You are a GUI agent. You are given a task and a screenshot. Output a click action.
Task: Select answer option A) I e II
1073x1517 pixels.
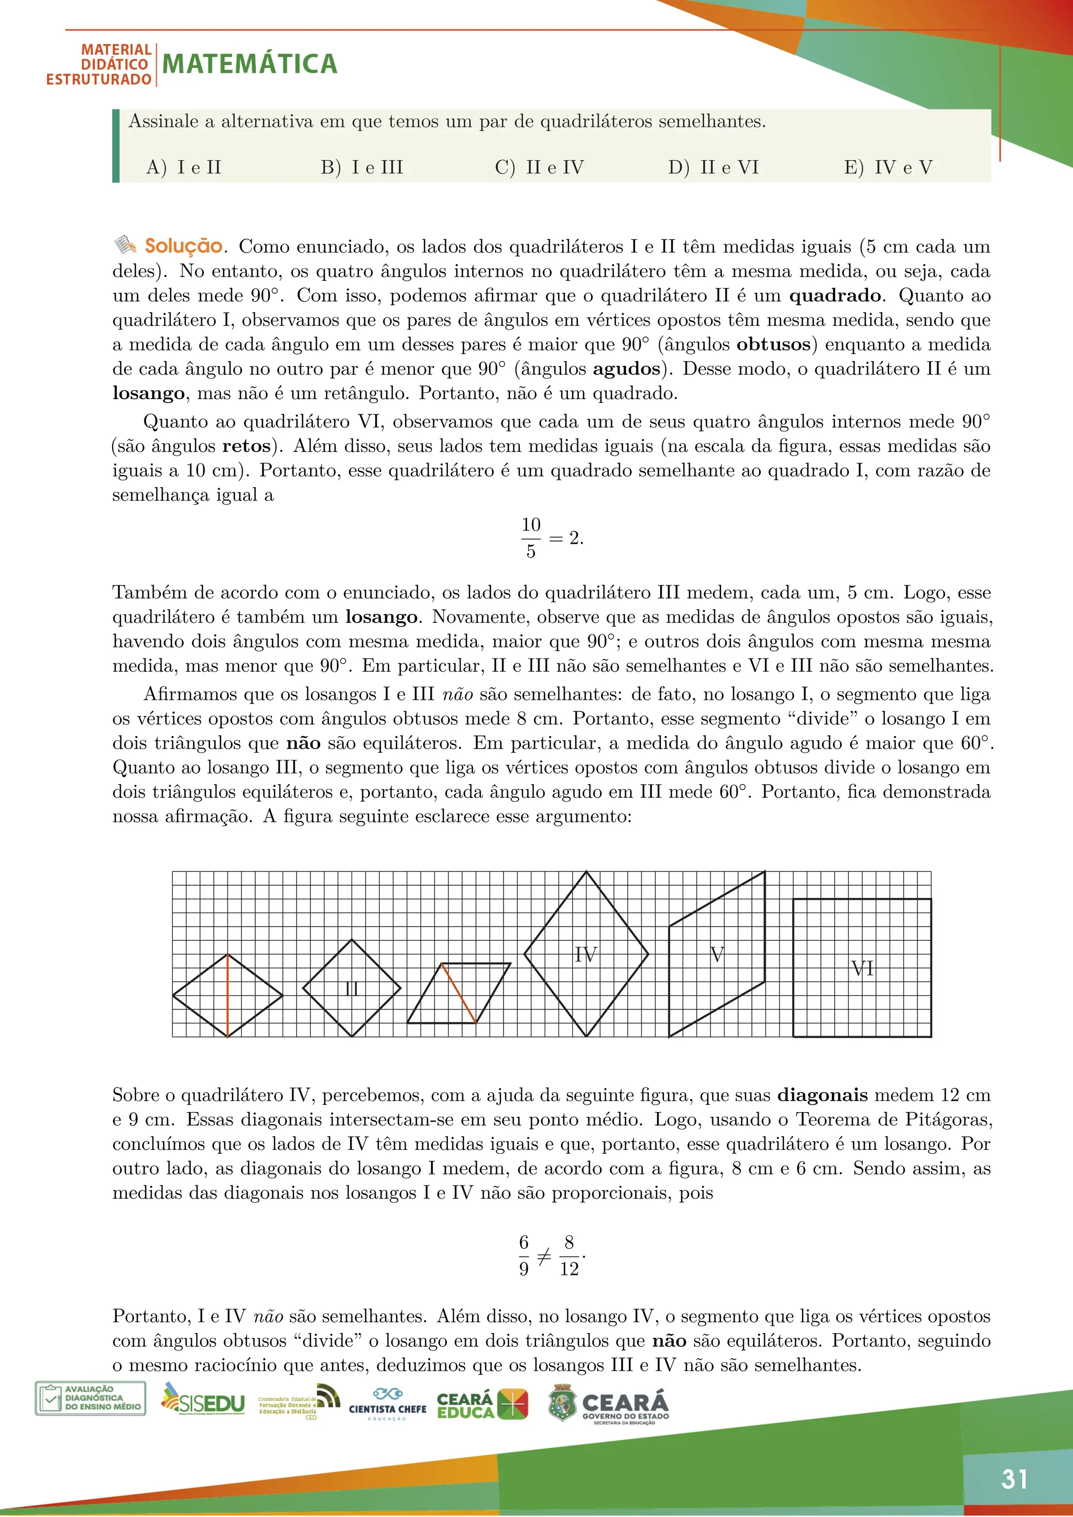(x=184, y=168)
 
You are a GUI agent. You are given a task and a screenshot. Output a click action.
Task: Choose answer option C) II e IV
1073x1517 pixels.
(x=539, y=168)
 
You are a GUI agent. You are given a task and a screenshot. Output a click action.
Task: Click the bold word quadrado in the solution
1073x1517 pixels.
(x=835, y=296)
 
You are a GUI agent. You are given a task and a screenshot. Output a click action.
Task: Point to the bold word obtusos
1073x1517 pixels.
(x=773, y=345)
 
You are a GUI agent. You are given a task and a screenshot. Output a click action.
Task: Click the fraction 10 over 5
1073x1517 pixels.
(x=531, y=538)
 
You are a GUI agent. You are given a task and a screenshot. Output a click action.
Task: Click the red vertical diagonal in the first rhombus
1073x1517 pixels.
(x=227, y=996)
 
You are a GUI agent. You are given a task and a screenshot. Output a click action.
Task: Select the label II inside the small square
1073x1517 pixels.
(x=352, y=989)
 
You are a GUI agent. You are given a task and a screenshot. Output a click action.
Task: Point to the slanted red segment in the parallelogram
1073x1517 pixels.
(x=458, y=993)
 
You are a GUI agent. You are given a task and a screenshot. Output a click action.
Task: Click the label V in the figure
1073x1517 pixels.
(x=717, y=955)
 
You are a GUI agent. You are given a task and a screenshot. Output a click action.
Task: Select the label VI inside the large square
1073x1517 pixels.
(x=862, y=969)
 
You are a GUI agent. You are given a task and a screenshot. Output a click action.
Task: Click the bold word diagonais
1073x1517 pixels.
(x=822, y=1095)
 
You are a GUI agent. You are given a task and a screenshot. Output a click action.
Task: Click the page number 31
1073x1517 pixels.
(x=1014, y=1479)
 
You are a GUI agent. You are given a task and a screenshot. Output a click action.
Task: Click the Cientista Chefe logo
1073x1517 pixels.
(x=387, y=1404)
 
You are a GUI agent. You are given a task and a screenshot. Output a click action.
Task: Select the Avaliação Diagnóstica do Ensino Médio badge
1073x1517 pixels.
(x=90, y=1398)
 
